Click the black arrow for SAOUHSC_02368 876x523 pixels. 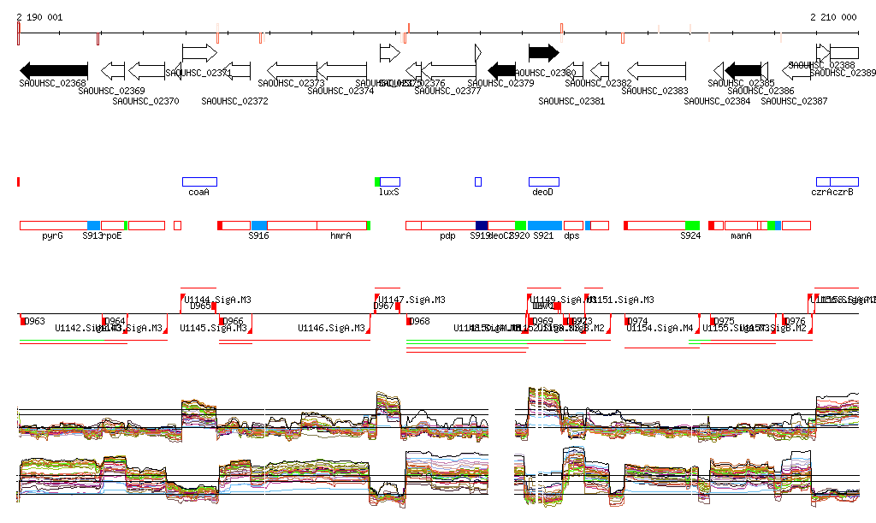pos(54,70)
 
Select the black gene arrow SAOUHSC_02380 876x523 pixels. pos(543,52)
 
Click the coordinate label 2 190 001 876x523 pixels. pos(39,17)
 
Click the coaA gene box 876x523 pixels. pos(199,181)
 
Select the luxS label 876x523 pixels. pos(389,193)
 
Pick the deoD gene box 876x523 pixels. pos(543,181)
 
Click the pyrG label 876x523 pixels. pos(52,235)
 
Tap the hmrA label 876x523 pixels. pos(340,235)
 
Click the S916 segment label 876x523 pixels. pos(259,235)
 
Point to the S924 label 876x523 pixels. pos(690,235)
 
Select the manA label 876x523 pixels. pos(741,235)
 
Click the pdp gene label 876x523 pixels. pos(447,235)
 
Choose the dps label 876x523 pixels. pos(572,235)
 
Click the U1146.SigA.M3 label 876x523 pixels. pos(332,328)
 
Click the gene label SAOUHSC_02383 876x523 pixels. pos(656,91)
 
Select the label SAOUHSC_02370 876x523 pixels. pos(145,101)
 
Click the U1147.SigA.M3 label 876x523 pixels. pos(411,300)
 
